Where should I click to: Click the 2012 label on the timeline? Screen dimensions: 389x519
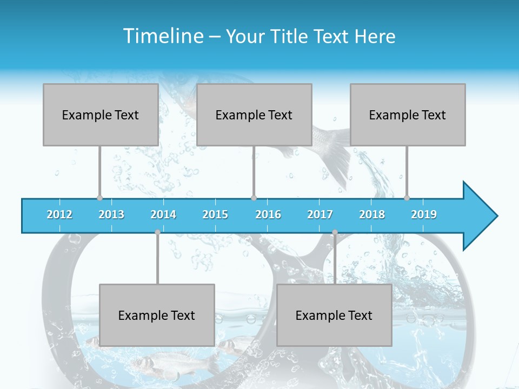[59, 214]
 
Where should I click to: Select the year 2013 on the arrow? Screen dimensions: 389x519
[111, 214]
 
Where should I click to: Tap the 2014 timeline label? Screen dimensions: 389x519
[163, 214]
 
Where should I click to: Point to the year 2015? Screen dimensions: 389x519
[215, 214]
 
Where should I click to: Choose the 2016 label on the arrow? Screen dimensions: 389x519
[268, 214]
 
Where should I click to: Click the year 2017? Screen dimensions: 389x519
[320, 214]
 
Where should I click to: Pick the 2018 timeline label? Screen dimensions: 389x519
[372, 214]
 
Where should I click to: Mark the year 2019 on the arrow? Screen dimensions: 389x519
[424, 214]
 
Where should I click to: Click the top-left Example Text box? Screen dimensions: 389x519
[101, 115]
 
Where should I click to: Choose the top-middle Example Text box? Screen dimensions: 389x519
[254, 115]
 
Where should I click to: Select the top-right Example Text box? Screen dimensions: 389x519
[408, 115]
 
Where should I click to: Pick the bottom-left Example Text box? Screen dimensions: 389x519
[157, 315]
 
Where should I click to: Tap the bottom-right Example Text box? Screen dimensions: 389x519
[334, 315]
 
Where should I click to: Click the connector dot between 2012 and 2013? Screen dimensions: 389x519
[99, 198]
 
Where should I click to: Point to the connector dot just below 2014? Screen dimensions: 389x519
[157, 232]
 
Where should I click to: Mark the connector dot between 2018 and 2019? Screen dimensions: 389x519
[407, 198]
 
